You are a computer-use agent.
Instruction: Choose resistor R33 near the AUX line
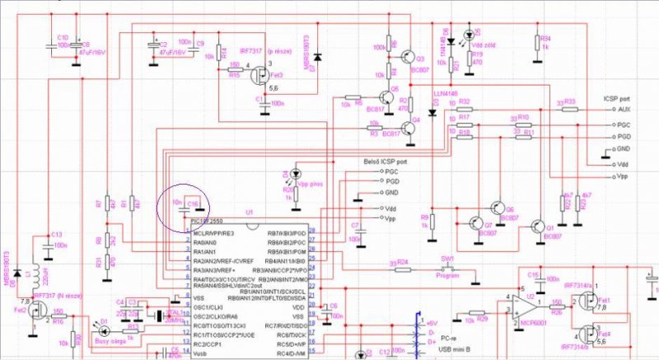coord(564,109)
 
